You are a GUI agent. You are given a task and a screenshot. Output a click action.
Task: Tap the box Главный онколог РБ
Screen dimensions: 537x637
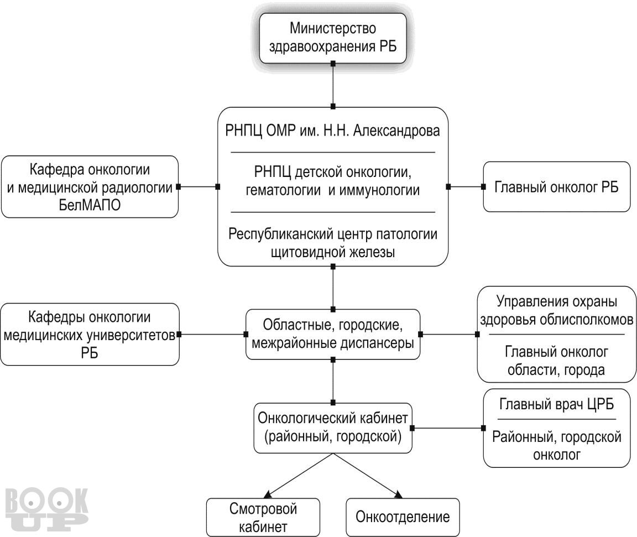[556, 187]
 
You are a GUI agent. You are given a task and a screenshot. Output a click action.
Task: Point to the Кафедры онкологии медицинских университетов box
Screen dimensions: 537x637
[90, 334]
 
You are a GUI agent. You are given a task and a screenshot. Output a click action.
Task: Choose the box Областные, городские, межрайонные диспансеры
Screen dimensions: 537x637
[332, 333]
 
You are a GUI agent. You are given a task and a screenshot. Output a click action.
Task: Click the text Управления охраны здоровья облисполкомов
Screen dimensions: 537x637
[556, 310]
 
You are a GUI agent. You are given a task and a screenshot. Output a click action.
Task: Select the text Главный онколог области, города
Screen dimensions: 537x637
[556, 361]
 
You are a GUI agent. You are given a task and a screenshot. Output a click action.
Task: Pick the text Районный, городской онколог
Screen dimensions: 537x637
[556, 446]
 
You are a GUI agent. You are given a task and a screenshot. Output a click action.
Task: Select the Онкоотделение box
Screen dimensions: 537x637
[403, 517]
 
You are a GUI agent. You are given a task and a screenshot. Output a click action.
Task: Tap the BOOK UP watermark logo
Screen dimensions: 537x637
[46, 508]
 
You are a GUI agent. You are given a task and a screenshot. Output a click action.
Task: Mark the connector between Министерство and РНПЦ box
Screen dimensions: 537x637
[333, 85]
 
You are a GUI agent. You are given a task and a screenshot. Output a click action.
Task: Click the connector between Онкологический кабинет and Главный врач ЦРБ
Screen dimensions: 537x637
[448, 427]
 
